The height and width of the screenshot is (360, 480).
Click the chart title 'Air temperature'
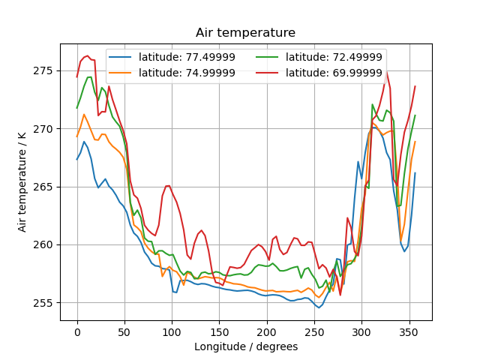(245, 33)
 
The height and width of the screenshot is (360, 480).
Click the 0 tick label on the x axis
(76, 331)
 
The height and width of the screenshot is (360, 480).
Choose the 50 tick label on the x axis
(124, 331)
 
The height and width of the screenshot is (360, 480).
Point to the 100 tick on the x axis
(172, 331)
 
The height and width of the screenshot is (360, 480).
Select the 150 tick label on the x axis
(219, 331)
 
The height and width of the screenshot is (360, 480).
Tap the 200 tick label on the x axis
(267, 331)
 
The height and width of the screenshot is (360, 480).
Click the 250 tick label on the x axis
(314, 331)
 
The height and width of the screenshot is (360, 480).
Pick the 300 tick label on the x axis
(362, 331)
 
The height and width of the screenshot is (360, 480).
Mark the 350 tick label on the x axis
(409, 331)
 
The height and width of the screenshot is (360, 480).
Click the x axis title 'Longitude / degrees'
(245, 346)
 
